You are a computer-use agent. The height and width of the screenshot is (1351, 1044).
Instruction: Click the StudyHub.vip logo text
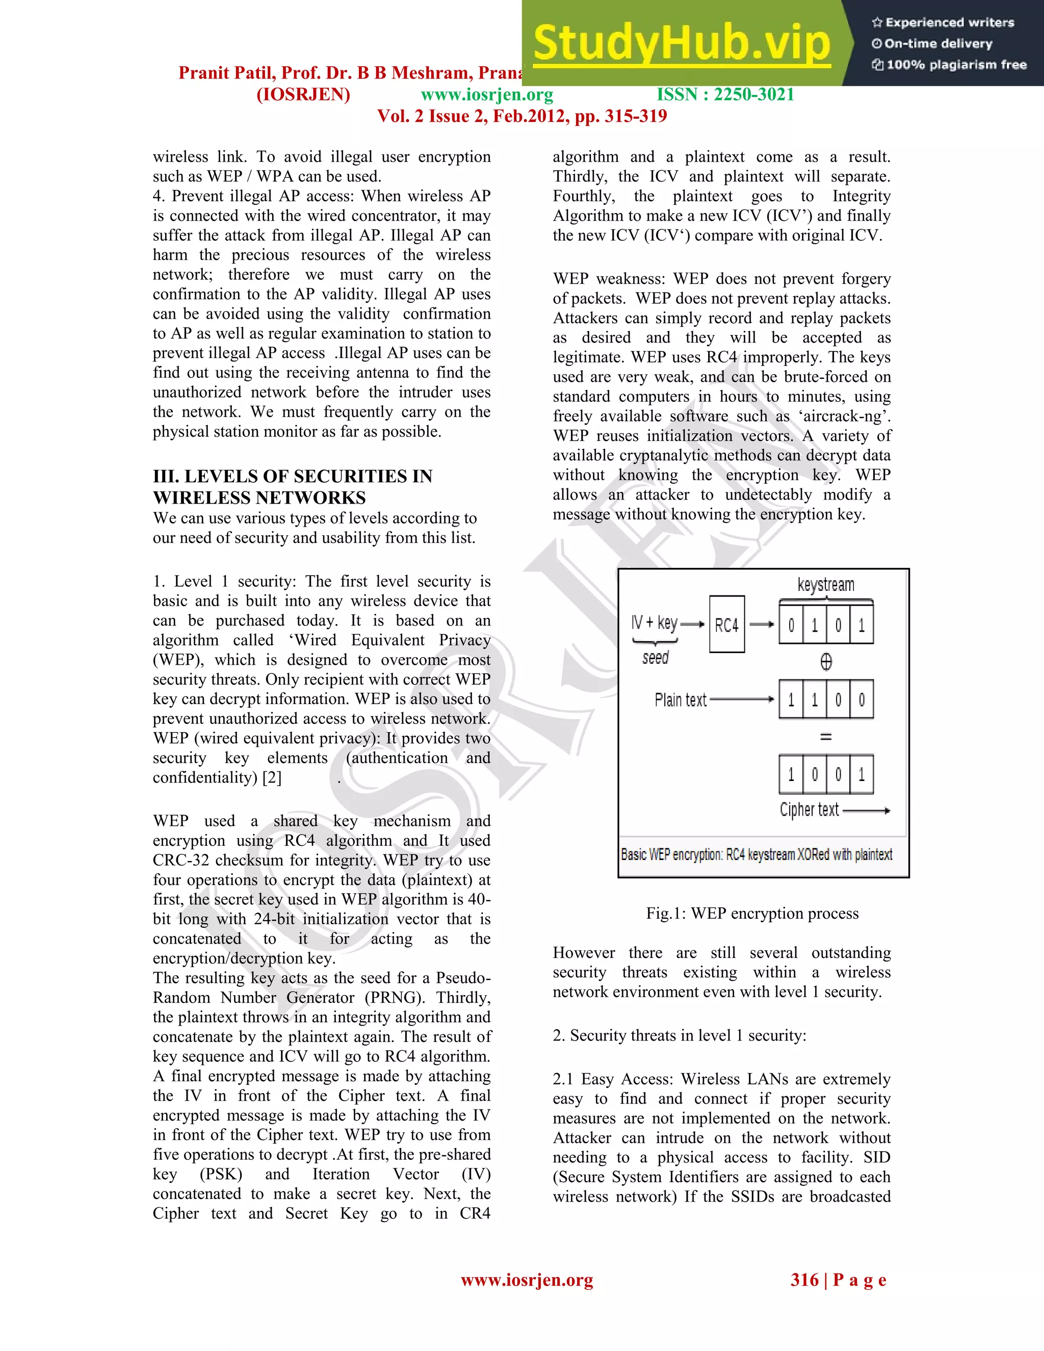681,43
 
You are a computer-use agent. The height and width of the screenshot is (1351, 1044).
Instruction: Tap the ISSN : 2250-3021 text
725,95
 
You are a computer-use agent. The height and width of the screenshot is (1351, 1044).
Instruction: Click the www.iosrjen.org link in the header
487,95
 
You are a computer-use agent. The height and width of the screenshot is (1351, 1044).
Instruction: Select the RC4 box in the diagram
727,625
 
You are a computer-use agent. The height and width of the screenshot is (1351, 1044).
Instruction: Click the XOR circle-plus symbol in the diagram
826,662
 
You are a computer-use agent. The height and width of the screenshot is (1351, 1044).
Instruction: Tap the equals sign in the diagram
826,737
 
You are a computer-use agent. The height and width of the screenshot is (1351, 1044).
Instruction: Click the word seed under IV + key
656,658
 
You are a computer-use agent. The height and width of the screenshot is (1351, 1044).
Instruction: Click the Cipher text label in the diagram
809,810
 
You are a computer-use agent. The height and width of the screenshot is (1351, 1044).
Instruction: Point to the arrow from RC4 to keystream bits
762,625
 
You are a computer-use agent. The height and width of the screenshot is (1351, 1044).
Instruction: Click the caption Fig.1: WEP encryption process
752,914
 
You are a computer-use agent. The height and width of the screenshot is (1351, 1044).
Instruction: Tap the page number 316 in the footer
804,1280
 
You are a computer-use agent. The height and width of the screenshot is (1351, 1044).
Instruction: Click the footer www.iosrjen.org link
527,1280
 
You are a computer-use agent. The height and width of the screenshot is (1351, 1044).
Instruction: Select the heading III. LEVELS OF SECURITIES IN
293,476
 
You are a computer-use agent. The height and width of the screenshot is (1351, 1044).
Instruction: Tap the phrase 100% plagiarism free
956,65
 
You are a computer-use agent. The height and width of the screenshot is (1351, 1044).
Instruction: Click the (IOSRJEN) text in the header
303,95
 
